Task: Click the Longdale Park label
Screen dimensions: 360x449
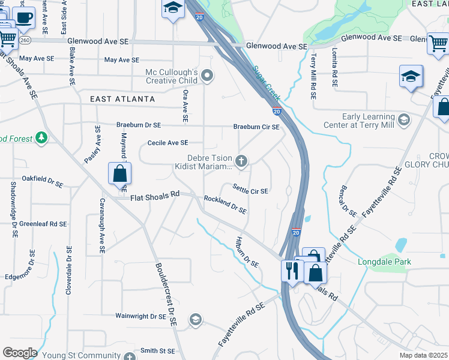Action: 393,262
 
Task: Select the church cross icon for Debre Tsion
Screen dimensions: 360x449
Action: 241,160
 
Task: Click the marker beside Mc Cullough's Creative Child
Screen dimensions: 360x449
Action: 208,76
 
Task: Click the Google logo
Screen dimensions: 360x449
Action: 20,353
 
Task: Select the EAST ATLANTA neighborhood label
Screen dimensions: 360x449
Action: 122,99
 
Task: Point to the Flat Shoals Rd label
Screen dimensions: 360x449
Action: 155,195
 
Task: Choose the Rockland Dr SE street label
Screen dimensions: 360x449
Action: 225,205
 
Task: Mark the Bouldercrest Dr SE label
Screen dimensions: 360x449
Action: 166,294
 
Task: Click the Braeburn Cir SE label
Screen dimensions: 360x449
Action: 256,127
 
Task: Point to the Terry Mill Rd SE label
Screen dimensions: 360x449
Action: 313,76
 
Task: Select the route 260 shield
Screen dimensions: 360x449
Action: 25,40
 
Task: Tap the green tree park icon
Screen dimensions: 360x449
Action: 41,139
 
